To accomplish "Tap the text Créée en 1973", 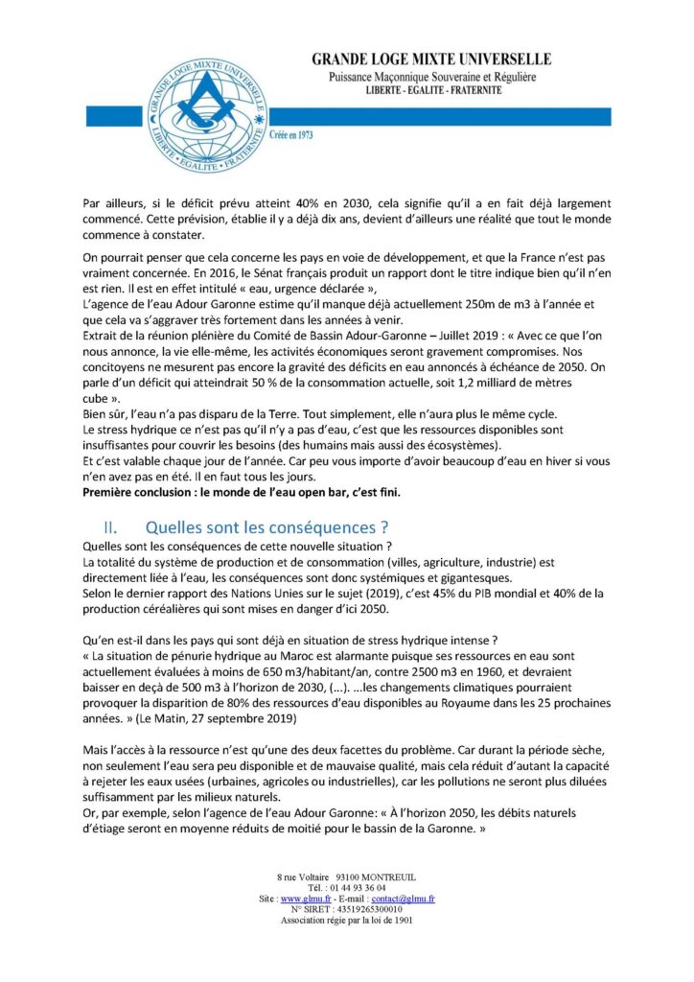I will pos(291,135).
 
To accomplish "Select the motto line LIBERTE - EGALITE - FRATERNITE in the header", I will pos(447,89).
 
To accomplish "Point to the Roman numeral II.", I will pos(111,526).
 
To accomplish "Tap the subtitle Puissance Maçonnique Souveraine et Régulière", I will pos(447,75).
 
